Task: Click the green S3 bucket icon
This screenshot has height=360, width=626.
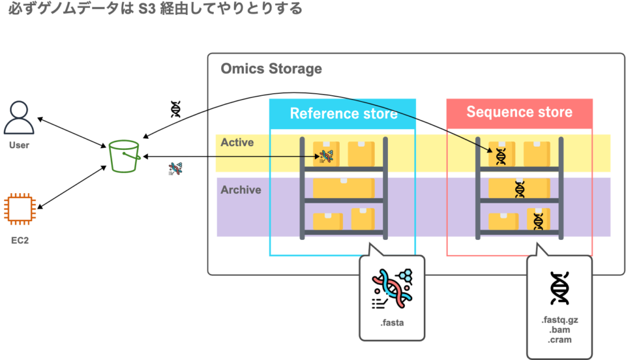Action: tap(125, 156)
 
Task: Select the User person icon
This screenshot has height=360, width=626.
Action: tap(19, 118)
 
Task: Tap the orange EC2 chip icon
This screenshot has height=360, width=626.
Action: tap(19, 209)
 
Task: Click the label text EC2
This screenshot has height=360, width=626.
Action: tap(20, 240)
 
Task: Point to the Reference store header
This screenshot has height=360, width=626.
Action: tap(343, 113)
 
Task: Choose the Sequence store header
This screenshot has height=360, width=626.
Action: tap(519, 112)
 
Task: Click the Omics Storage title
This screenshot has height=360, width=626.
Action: tap(271, 68)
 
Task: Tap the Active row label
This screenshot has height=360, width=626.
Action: tap(237, 142)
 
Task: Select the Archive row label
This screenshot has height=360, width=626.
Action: tap(241, 190)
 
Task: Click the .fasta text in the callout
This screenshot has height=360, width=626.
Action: tap(392, 322)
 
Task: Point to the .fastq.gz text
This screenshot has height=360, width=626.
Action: tap(559, 320)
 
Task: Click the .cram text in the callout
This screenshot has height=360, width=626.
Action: tap(559, 340)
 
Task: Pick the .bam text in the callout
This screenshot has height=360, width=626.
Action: tap(559, 330)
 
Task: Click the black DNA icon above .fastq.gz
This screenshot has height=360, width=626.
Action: tap(559, 288)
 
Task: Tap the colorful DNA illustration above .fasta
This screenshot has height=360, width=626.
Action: tap(392, 288)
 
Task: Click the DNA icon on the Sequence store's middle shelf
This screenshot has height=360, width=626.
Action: tap(520, 189)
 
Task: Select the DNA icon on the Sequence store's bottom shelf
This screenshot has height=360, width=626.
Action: tap(538, 220)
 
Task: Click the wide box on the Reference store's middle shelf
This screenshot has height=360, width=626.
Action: tap(344, 188)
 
